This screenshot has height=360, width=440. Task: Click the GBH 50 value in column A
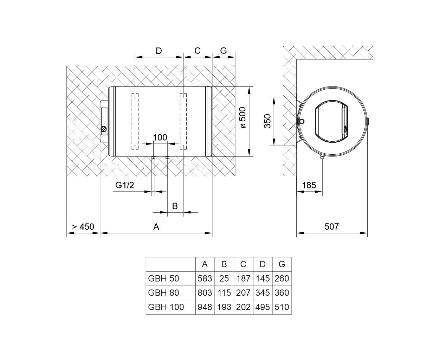pyautogui.click(x=205, y=278)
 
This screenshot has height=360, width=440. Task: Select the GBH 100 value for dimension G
pyautogui.click(x=282, y=307)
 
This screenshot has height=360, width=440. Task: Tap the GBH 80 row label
pyautogui.click(x=163, y=292)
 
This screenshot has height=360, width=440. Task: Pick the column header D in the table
pyautogui.click(x=263, y=264)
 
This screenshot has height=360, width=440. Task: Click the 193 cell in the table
pyautogui.click(x=224, y=307)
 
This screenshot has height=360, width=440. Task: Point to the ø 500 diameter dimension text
pyautogui.click(x=242, y=117)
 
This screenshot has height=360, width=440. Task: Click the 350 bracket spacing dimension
pyautogui.click(x=267, y=121)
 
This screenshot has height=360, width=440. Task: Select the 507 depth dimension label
pyautogui.click(x=331, y=226)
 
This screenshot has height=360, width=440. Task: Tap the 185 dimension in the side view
pyautogui.click(x=309, y=185)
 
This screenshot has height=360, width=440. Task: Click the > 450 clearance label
pyautogui.click(x=83, y=226)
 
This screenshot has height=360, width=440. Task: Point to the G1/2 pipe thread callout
pyautogui.click(x=124, y=185)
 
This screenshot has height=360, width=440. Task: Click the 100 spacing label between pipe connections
pyautogui.click(x=160, y=137)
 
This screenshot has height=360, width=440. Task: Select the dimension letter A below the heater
pyautogui.click(x=156, y=226)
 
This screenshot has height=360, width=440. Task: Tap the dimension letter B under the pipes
pyautogui.click(x=175, y=206)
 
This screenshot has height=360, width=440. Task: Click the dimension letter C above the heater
pyautogui.click(x=198, y=51)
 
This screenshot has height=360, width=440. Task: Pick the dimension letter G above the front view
pyautogui.click(x=224, y=51)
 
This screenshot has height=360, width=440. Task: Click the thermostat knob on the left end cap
pyautogui.click(x=104, y=129)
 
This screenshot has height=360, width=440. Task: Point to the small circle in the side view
pyautogui.click(x=302, y=121)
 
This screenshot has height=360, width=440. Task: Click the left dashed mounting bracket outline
pyautogui.click(x=135, y=121)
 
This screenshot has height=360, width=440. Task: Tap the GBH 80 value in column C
pyautogui.click(x=243, y=292)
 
